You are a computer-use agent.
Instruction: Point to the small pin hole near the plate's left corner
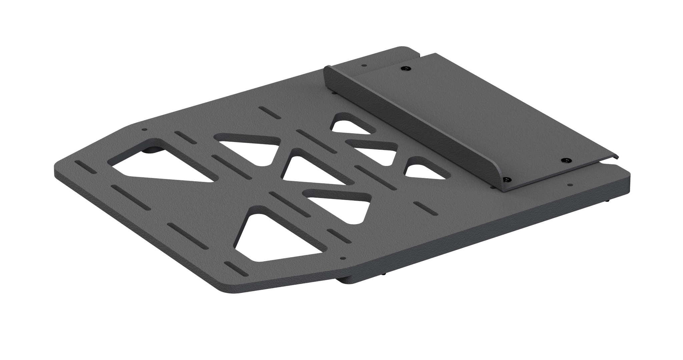click(144, 130)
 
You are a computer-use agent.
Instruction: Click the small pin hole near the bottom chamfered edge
click(343, 258)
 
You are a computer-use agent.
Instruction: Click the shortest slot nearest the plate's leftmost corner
click(86, 167)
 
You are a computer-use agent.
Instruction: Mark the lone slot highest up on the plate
click(270, 112)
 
